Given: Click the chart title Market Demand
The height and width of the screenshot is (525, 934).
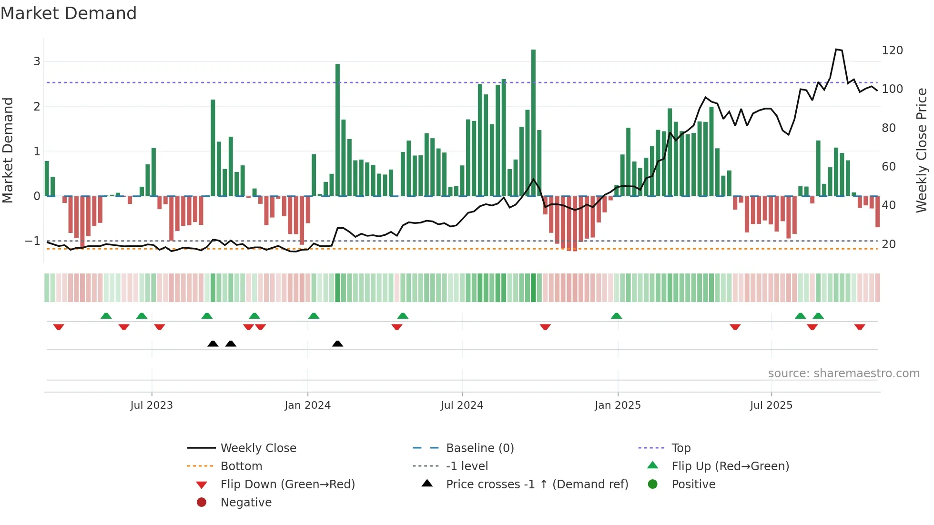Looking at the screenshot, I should [x=69, y=13].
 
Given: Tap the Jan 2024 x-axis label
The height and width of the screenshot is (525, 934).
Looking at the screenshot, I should [x=307, y=405].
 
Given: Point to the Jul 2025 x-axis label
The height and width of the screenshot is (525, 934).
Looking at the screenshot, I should [x=771, y=405].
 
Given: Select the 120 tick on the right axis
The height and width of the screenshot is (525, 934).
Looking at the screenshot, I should [x=892, y=50].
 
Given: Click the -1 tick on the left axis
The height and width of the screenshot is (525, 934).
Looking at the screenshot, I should [x=32, y=241].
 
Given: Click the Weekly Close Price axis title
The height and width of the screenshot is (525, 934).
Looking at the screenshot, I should [x=922, y=150].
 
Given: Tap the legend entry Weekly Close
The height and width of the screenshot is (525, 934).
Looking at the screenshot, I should [x=258, y=448].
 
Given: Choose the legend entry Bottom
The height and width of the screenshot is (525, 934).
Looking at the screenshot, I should [x=241, y=466].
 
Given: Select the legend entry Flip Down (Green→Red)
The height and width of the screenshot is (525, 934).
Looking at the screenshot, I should [x=287, y=485].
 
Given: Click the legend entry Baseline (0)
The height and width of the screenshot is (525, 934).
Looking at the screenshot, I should [x=479, y=448].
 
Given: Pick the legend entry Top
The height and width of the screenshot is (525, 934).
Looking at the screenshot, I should [x=681, y=448].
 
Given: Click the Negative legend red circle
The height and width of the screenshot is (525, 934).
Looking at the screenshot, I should [x=202, y=503].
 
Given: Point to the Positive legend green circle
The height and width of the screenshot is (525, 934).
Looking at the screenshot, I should [x=653, y=485].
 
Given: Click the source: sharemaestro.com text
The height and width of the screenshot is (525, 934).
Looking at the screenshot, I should [x=843, y=374].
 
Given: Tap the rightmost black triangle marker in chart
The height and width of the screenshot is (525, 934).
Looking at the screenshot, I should [x=337, y=343].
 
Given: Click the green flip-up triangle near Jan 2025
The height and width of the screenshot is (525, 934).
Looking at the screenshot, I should [x=616, y=316].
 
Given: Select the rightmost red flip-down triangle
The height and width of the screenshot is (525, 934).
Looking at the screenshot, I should [x=860, y=327].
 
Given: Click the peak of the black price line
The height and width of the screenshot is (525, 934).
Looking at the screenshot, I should [x=837, y=49].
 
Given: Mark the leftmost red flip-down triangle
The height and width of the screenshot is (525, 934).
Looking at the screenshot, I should [x=59, y=327].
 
